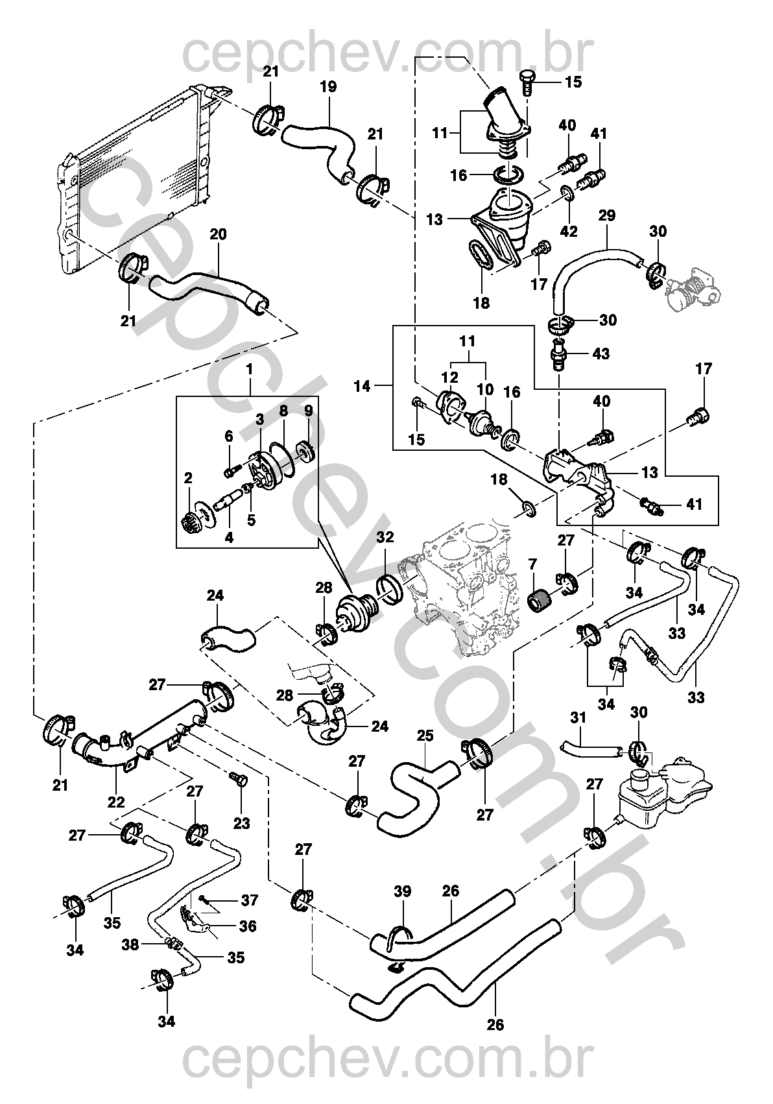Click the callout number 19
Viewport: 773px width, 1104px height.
(x=329, y=87)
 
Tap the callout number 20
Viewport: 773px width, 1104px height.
(x=219, y=234)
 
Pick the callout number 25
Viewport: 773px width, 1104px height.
(x=425, y=737)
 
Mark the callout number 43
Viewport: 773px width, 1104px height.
(x=601, y=354)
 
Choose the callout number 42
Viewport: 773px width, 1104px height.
(x=569, y=232)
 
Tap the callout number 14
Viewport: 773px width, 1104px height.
(x=363, y=387)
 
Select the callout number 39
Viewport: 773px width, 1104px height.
(x=403, y=892)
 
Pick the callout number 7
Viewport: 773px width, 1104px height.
(x=533, y=565)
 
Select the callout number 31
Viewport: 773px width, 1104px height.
(x=578, y=718)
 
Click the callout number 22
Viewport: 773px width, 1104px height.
(x=116, y=802)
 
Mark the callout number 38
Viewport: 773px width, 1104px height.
(x=131, y=944)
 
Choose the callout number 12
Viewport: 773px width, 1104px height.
(x=450, y=378)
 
